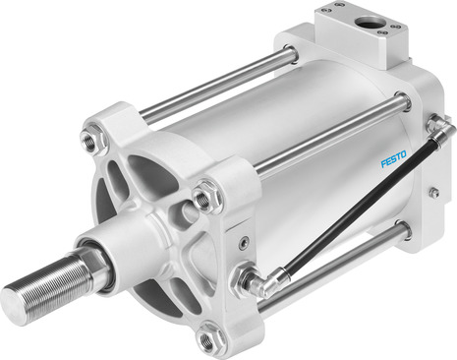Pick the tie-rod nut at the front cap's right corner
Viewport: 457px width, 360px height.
(x=203, y=199)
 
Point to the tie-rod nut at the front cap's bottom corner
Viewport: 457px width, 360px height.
(x=207, y=340)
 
